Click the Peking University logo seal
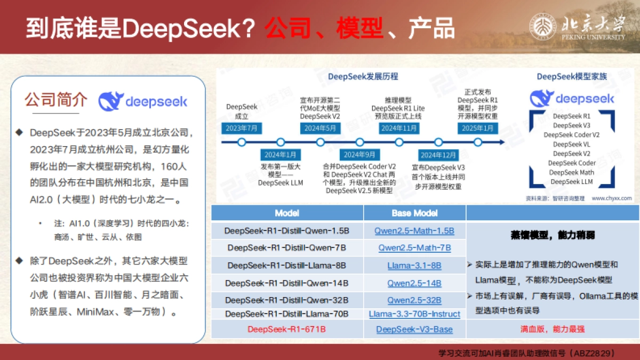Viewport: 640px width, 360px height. pos(542,27)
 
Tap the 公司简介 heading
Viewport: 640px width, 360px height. pos(55,100)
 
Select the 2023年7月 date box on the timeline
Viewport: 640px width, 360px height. pos(242,128)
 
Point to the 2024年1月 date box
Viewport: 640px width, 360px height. pos(281,155)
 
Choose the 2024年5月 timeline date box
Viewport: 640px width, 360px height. pos(320,128)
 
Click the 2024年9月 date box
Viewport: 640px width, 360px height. pos(359,155)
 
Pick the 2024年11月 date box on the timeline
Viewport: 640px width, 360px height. pos(399,128)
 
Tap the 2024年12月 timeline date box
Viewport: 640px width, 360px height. pos(438,155)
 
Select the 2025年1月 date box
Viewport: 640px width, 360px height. pos(478,128)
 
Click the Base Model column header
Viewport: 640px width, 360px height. pos(415,213)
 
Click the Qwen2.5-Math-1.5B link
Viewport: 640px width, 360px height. pos(414,231)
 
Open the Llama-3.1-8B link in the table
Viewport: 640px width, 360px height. pos(414,265)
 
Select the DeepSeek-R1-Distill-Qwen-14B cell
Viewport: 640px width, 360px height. pos(287,283)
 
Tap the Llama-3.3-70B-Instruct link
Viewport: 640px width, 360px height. pos(414,314)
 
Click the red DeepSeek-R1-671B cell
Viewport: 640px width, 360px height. pos(287,329)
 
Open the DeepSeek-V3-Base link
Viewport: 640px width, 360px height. pos(414,329)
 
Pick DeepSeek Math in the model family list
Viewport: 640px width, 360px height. pos(572,172)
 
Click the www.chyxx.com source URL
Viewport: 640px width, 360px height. pos(611,198)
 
